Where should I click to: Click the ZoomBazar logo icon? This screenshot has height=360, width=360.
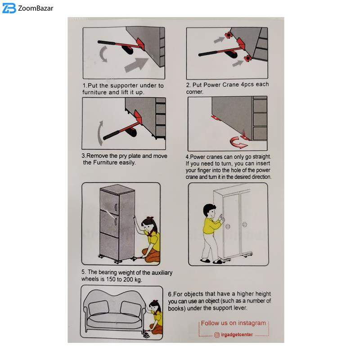[x=9, y=9]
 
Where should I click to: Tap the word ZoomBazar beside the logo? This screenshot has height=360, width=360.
[x=36, y=9]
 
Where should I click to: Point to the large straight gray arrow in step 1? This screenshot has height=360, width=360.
[x=136, y=65]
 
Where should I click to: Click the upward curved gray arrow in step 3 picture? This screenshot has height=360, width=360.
[x=100, y=133]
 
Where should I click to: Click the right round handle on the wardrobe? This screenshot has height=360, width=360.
[x=244, y=224]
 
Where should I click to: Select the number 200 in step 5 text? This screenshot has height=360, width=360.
[x=128, y=279]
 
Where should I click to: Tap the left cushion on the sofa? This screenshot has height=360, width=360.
[x=99, y=307]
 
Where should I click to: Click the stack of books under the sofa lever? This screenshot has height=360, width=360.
[x=146, y=334]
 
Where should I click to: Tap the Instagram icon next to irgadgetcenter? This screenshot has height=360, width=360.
[x=217, y=335]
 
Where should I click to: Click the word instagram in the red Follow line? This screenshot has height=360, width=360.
[x=252, y=323]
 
